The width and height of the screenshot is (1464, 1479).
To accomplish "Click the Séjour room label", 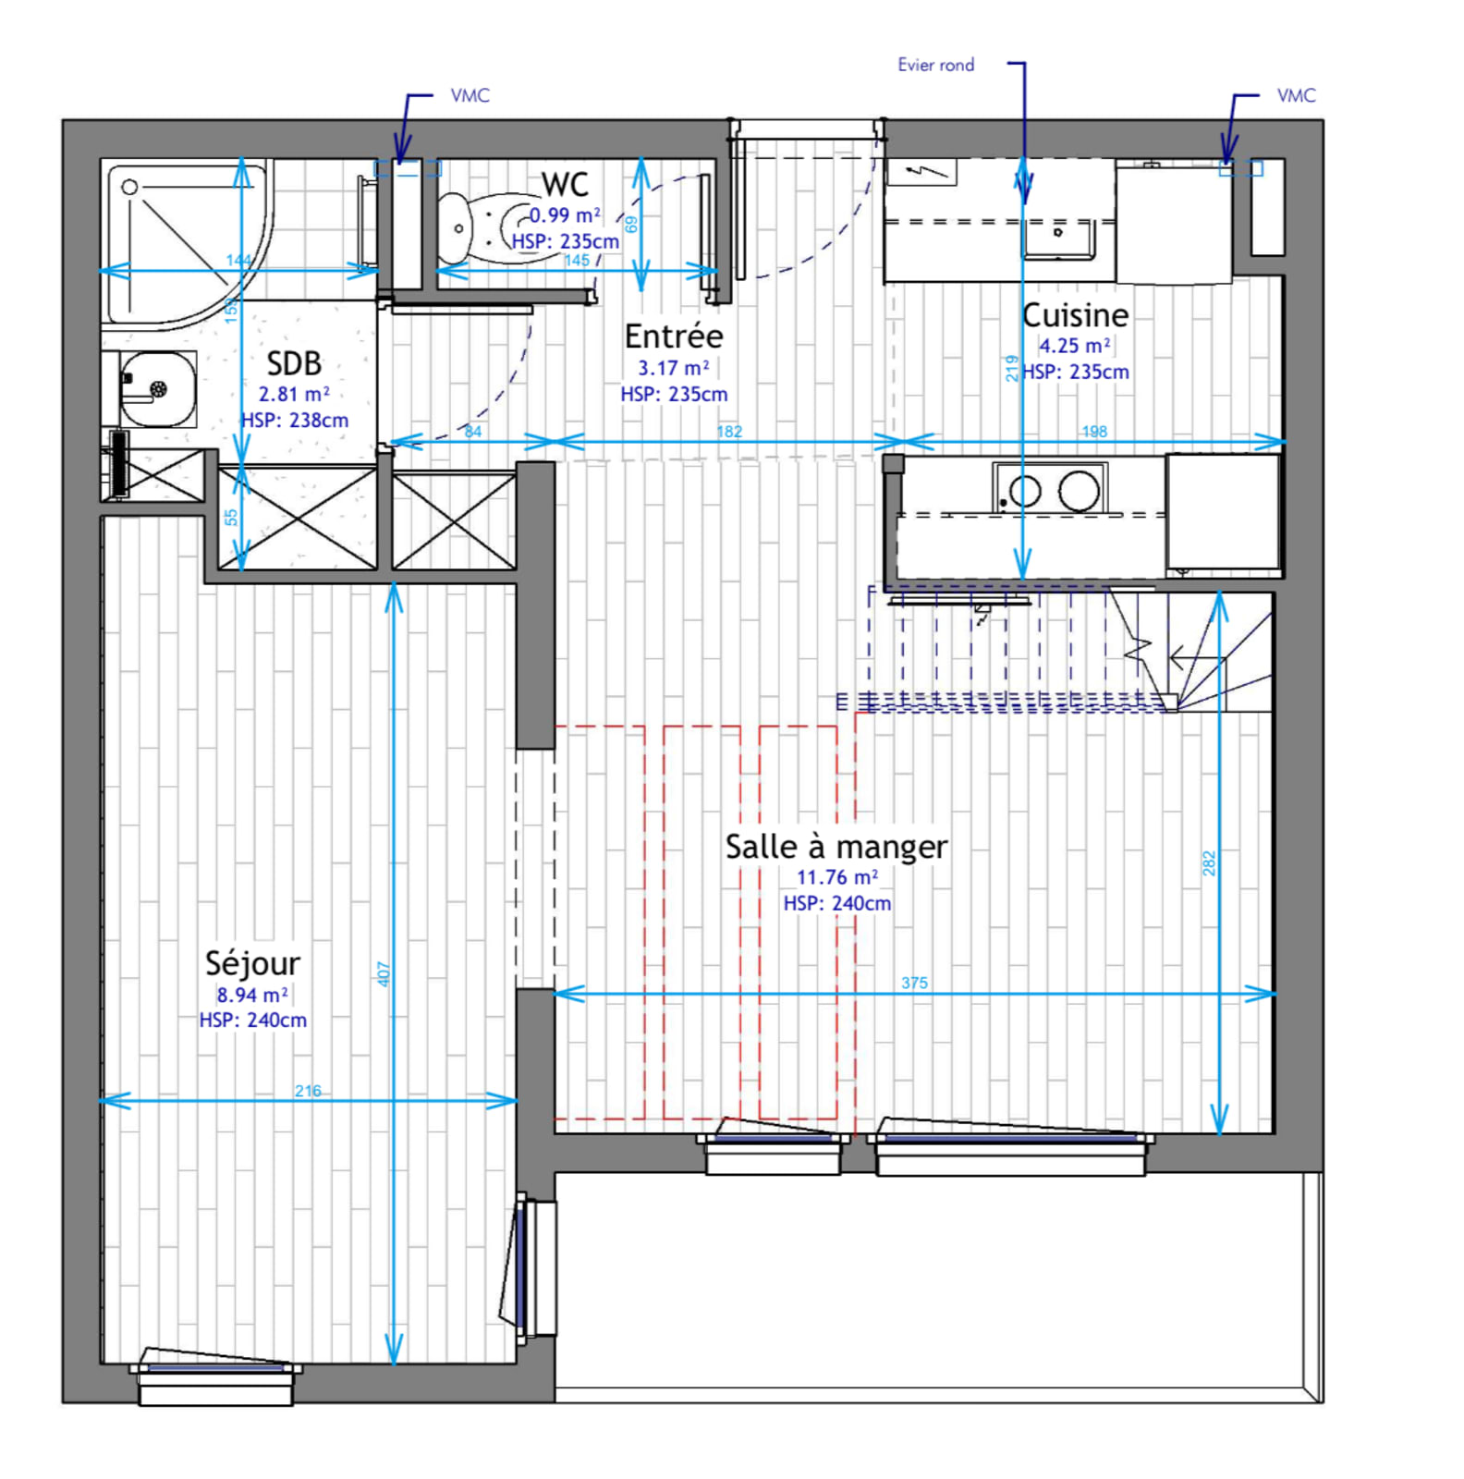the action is pos(252,963).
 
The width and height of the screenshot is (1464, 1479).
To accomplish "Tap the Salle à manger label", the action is pos(836,847).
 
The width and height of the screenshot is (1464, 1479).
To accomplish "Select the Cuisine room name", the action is pos(1075,315).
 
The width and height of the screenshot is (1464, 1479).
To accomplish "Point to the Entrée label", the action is pos(674,336).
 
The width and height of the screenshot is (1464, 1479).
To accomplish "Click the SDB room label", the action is pos(294,362).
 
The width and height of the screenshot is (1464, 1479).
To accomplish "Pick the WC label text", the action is pos(565,184).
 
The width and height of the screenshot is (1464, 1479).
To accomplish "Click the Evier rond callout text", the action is pos(935,65).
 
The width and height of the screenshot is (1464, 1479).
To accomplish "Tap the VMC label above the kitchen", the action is pos(1296,95).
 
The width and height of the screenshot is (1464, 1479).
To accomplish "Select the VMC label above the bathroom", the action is pos(470,95).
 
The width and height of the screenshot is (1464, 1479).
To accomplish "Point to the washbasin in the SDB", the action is pos(158,389).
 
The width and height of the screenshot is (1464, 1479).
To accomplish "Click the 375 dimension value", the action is pos(914,983).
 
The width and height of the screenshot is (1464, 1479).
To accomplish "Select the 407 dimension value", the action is pos(384,973).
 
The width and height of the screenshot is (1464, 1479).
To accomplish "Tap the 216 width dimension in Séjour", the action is pos(308,1091).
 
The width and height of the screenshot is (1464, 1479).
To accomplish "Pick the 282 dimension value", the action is pos(1209,863).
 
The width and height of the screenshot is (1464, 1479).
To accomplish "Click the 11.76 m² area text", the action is pos(837,877).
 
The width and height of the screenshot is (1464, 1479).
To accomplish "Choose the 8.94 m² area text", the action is pos(252,995).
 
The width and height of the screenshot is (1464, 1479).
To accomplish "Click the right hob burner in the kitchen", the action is pos(1079,491).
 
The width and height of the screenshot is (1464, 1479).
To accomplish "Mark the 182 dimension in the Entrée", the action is pos(729,432).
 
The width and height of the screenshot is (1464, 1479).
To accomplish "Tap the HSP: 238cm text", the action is pos(295,420).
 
